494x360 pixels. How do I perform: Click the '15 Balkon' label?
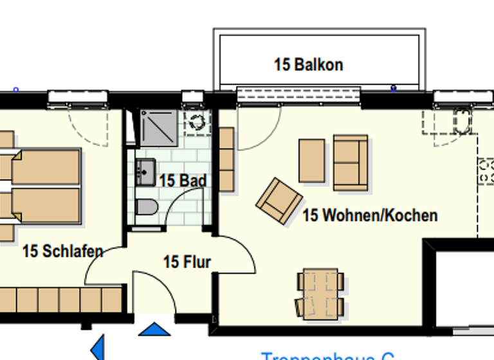(x=308, y=64)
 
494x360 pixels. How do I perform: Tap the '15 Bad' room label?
(x=183, y=181)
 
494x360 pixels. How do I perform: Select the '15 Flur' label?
(x=187, y=262)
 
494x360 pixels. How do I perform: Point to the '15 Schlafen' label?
(x=62, y=251)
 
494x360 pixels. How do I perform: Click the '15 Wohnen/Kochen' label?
(x=370, y=215)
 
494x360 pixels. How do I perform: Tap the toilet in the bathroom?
(x=147, y=208)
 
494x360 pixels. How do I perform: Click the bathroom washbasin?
(x=145, y=172)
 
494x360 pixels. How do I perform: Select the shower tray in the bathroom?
(x=158, y=127)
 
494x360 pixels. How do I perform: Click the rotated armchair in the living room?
(x=279, y=201)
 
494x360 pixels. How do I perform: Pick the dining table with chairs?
(x=319, y=292)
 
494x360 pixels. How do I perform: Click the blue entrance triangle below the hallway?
(x=154, y=330)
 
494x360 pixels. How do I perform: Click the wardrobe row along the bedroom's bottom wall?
(x=60, y=300)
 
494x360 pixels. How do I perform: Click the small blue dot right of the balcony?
(x=394, y=88)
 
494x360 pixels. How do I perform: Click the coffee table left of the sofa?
(x=312, y=161)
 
